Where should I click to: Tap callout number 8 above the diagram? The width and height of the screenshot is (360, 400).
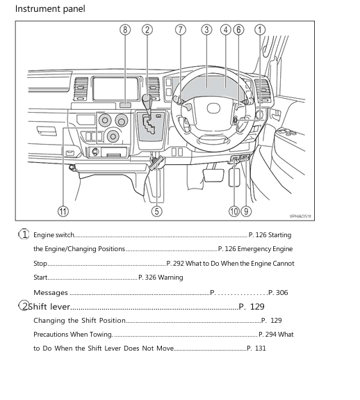[x=125, y=30]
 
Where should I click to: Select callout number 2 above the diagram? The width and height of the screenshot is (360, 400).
[x=147, y=30]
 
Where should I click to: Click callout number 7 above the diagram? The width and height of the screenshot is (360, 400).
[x=181, y=30]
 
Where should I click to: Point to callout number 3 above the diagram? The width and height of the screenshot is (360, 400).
[x=206, y=30]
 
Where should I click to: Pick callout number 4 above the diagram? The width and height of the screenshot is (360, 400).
[x=226, y=30]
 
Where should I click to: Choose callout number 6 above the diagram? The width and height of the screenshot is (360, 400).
[x=239, y=30]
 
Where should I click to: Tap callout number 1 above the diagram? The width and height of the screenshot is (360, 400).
[x=260, y=30]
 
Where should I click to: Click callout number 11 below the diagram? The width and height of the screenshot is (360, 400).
[x=63, y=211]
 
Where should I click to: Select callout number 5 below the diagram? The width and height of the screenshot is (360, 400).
[x=157, y=211]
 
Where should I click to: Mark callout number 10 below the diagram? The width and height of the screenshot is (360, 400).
[x=234, y=211]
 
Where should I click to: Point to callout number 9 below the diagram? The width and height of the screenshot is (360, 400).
[x=247, y=211]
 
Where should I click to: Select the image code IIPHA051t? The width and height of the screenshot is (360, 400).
[x=301, y=216]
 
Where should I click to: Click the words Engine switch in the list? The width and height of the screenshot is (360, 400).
[x=54, y=235]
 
